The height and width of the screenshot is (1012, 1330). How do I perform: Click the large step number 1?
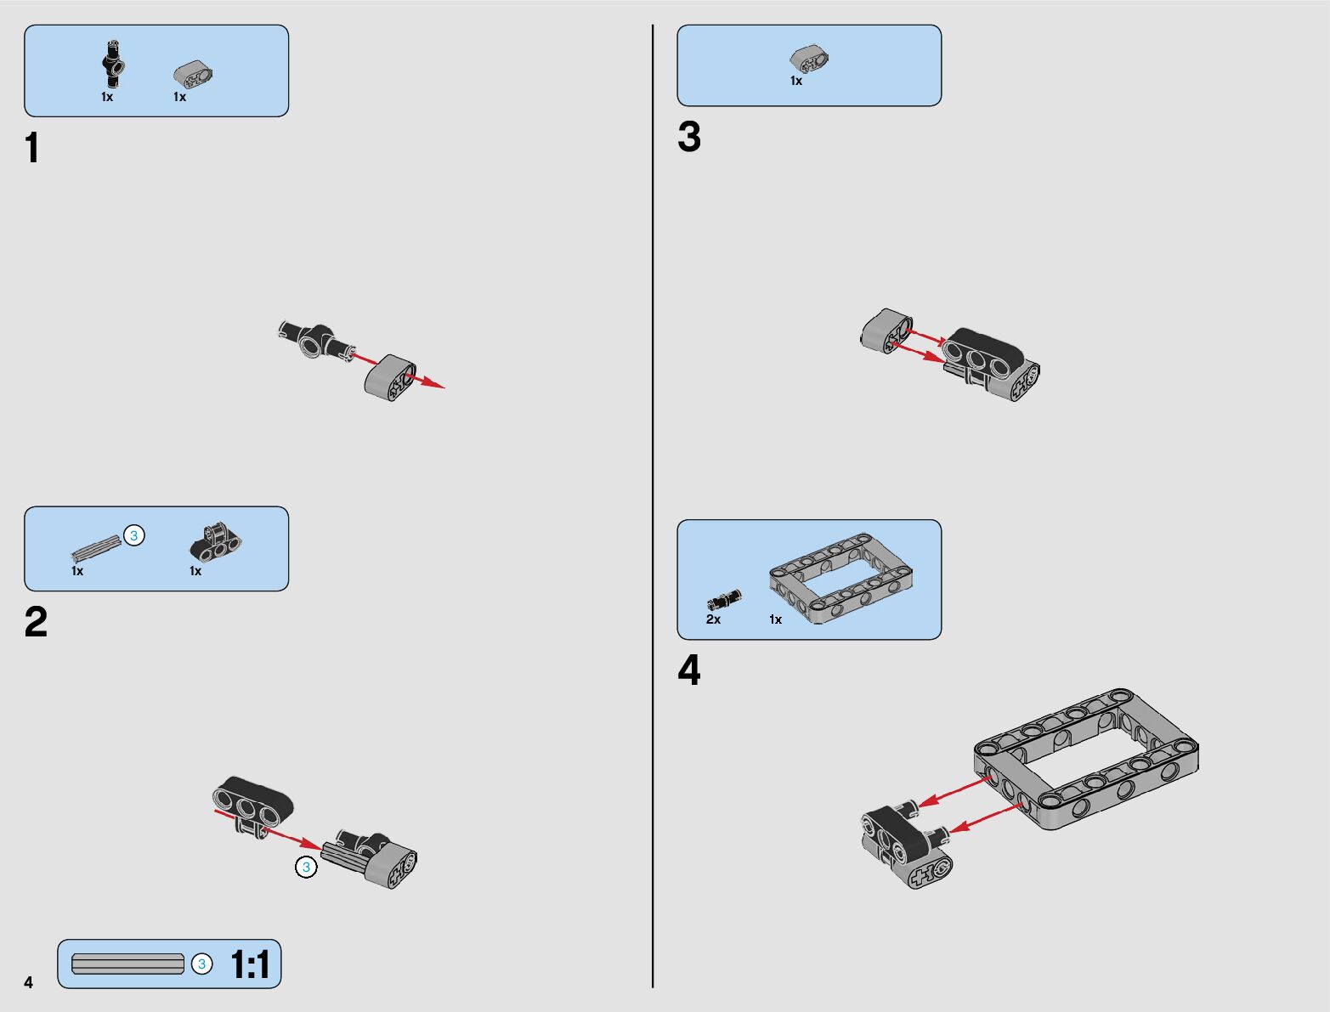coord(33,148)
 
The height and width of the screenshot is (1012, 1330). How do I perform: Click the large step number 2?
coord(37,621)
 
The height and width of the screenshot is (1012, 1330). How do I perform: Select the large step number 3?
coord(689,137)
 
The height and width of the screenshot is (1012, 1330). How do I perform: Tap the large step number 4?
coord(689,670)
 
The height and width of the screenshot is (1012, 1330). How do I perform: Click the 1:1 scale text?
coord(250,964)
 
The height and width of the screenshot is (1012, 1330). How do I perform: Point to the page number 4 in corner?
coord(29,982)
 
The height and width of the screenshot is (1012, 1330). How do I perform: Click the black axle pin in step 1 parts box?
coord(113,65)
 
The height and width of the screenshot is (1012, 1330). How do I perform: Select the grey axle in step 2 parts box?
coord(96,548)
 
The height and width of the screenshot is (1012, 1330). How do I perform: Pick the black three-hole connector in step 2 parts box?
coord(215,542)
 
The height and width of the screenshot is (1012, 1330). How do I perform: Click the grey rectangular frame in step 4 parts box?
coord(841,578)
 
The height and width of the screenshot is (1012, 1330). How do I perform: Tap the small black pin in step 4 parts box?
coord(724,600)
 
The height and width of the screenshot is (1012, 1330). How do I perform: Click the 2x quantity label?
coord(713,619)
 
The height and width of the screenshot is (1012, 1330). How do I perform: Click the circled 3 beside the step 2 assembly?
coord(306,868)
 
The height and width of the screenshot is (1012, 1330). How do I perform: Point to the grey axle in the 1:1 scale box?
coord(127,964)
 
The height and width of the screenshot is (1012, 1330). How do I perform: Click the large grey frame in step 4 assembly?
coord(1086,758)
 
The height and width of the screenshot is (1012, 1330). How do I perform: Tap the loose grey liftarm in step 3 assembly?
coord(886,330)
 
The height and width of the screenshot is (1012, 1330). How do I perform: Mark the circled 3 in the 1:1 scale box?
coord(201,964)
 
